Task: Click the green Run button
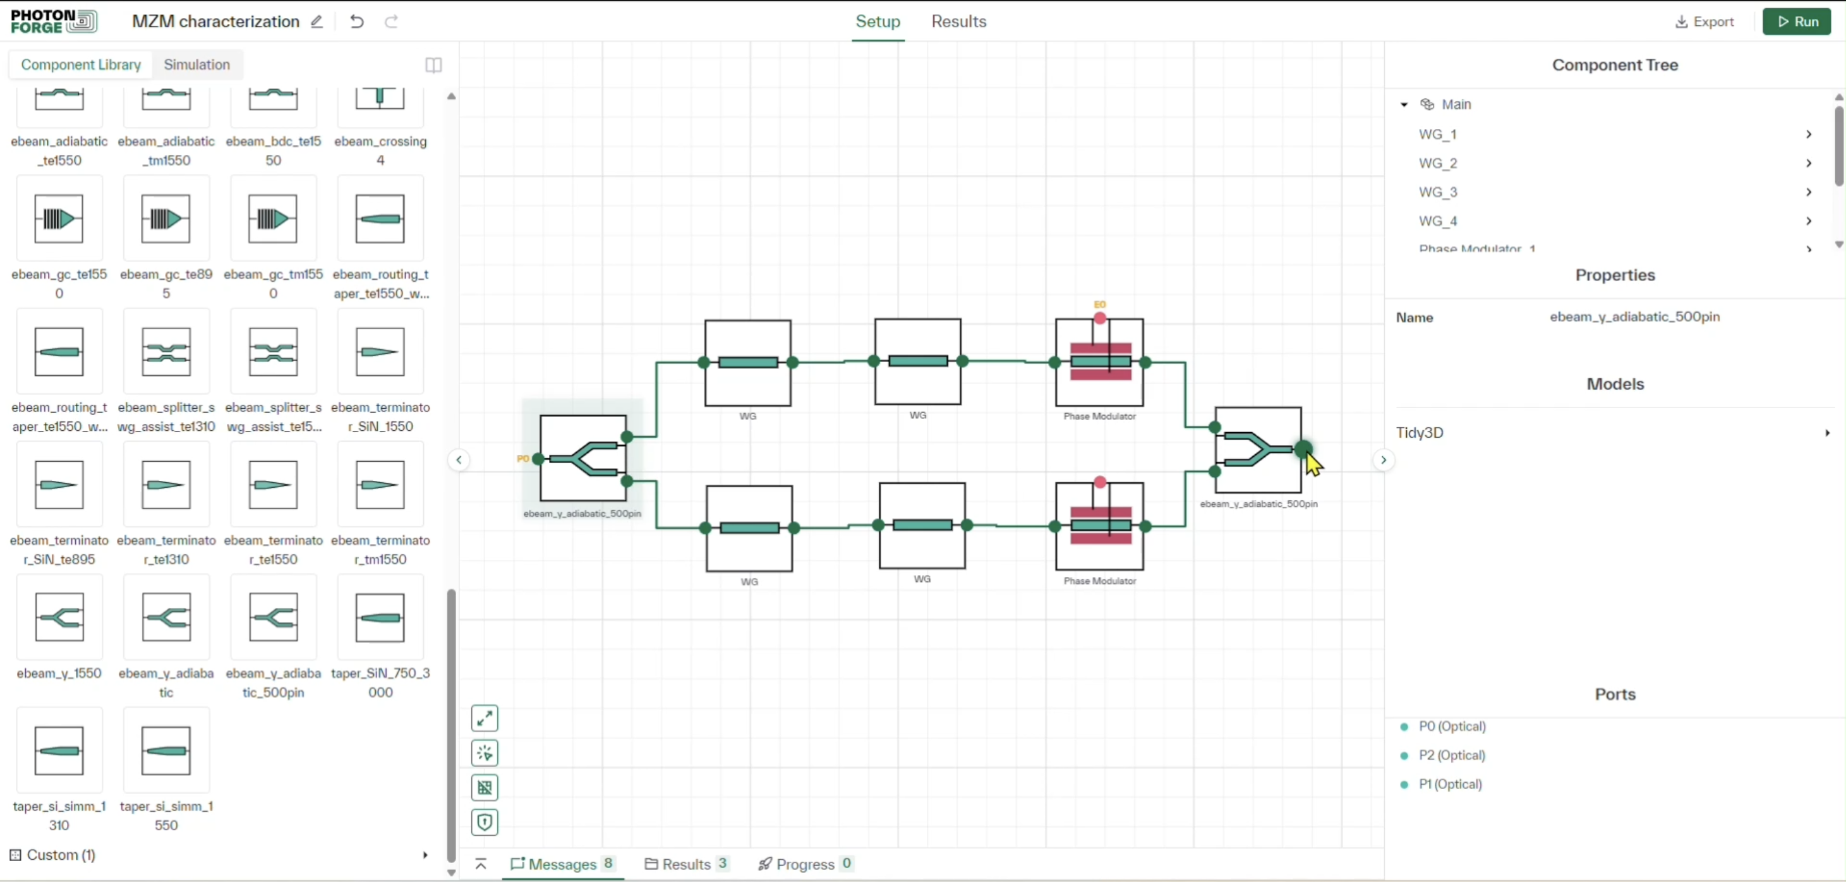pyautogui.click(x=1796, y=21)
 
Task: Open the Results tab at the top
pyautogui.click(x=958, y=21)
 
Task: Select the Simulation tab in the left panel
pyautogui.click(x=196, y=64)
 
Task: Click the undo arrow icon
pyautogui.click(x=356, y=21)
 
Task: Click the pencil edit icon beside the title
pyautogui.click(x=317, y=21)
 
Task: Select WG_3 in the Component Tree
pyautogui.click(x=1437, y=192)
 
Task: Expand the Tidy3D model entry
pyautogui.click(x=1826, y=433)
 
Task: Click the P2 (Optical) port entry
pyautogui.click(x=1451, y=755)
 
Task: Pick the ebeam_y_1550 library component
pyautogui.click(x=59, y=618)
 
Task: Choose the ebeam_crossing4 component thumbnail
pyautogui.click(x=380, y=100)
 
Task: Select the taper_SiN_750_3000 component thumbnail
pyautogui.click(x=380, y=618)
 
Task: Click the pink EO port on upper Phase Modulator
pyautogui.click(x=1099, y=317)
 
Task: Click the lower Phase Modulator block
pyautogui.click(x=1099, y=525)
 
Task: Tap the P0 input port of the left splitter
pyautogui.click(x=538, y=459)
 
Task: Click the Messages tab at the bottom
pyautogui.click(x=562, y=864)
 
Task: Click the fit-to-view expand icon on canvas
pyautogui.click(x=485, y=718)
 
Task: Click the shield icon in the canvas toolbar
pyautogui.click(x=485, y=822)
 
